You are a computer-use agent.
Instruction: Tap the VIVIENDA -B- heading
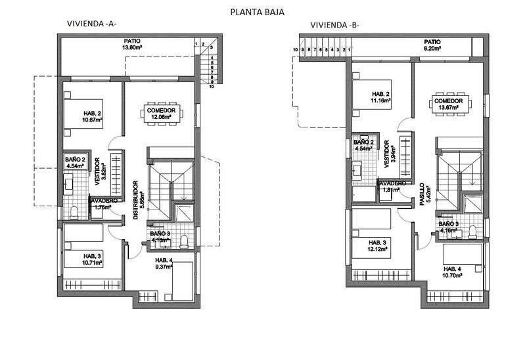tap(334, 26)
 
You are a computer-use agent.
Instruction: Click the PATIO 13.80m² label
tap(132, 44)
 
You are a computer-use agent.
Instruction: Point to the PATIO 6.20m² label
tap(431, 45)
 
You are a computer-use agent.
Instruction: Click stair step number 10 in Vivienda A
tap(212, 86)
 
